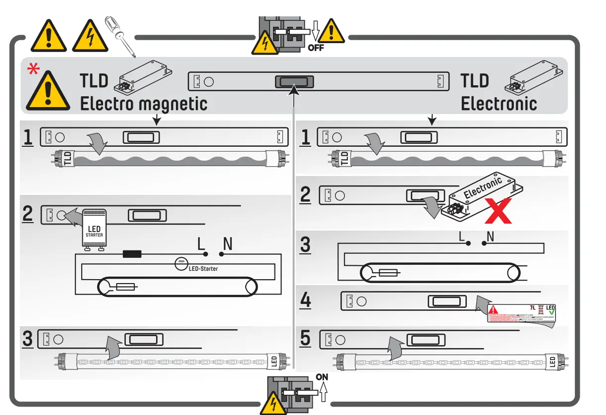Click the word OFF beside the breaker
coord(316,48)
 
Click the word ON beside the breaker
coord(322,377)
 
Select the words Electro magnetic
coord(144,104)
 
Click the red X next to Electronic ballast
coord(497,211)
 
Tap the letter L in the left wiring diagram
coord(201,244)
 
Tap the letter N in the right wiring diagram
coord(490,237)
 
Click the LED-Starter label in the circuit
coord(203,269)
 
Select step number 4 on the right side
coord(306,301)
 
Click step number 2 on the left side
coord(28,214)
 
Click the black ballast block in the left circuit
coord(132,254)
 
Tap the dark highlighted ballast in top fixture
coord(294,81)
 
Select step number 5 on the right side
coord(306,339)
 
